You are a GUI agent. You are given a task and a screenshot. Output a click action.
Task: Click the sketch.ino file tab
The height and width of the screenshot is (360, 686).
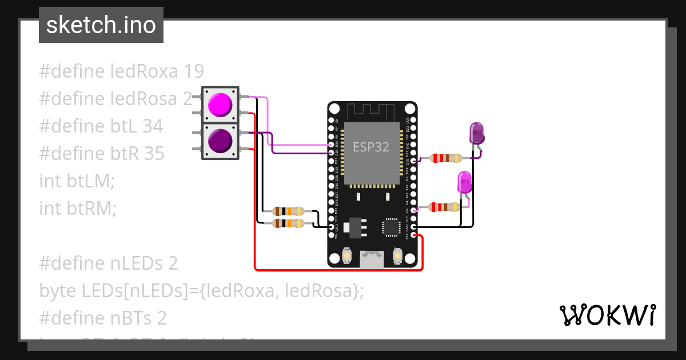point(101,25)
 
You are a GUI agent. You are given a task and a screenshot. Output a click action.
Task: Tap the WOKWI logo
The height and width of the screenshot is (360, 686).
point(607,315)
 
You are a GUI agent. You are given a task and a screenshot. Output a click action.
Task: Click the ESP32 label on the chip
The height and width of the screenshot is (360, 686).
point(370,147)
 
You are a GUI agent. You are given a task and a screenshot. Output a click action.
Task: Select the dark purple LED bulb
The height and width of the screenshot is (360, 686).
point(476,133)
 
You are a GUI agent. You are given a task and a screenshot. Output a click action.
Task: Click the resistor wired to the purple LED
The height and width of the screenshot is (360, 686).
point(445,158)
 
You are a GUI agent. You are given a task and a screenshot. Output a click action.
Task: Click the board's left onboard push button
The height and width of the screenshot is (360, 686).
point(346,257)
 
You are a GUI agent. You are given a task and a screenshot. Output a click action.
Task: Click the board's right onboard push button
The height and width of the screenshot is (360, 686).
point(397,257)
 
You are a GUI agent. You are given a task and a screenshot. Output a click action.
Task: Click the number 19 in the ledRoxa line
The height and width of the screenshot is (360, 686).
point(194,71)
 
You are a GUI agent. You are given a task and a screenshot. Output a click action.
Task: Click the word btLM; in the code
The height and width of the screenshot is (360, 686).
point(91,181)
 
